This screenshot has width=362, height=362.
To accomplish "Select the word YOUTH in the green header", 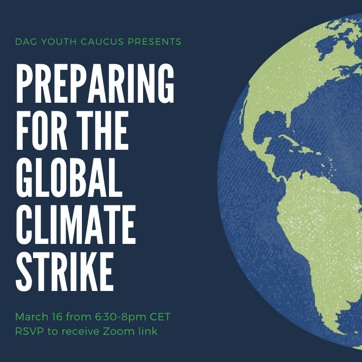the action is click(x=59, y=42).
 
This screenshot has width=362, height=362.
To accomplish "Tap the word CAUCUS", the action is click(x=102, y=42).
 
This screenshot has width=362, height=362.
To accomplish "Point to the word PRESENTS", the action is click(x=154, y=42).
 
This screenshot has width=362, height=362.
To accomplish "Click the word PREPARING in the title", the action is click(x=95, y=83).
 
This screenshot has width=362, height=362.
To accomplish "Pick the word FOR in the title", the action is click(x=42, y=130).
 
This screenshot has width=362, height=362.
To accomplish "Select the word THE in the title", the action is click(x=102, y=130).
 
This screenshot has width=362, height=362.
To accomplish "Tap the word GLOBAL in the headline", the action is click(x=69, y=177).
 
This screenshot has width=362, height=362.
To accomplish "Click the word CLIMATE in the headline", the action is click(x=76, y=224).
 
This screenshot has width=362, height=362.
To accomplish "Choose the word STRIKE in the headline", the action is click(x=65, y=272).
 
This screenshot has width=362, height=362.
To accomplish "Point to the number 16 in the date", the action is click(x=57, y=317).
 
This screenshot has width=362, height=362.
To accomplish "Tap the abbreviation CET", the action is click(x=160, y=317).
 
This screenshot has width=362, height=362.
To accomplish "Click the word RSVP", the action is click(x=29, y=332).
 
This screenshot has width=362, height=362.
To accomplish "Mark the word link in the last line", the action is click(x=148, y=331).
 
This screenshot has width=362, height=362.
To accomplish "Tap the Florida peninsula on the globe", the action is click(x=288, y=120).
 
